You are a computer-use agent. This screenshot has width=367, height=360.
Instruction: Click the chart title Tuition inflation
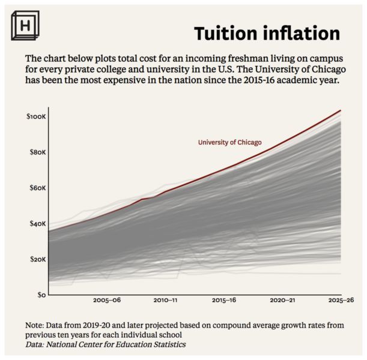pos(266,34)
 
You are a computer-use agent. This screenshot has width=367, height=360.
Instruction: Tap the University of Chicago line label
pos(229,142)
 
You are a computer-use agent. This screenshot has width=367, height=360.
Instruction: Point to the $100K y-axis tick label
pos(35,115)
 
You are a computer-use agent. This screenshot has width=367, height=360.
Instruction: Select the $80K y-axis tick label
pos(37,152)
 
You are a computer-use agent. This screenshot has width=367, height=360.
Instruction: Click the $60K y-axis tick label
pos(37,188)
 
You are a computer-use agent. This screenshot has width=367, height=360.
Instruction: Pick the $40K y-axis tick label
pos(37,224)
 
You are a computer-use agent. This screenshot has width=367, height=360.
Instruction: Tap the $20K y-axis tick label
pos(37,259)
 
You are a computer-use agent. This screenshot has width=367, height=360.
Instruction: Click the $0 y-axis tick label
pos(40,295)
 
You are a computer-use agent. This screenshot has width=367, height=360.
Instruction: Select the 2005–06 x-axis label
pos(107,299)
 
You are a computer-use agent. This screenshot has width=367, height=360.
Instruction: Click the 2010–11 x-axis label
pos(165,299)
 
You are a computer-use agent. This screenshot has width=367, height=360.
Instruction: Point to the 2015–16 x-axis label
pos(223,299)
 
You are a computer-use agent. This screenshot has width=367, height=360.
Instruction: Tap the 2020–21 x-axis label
pos(282,299)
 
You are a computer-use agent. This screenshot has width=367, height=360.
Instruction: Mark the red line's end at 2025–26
pos(341,111)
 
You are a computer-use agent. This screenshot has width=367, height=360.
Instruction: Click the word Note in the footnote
pos(35,325)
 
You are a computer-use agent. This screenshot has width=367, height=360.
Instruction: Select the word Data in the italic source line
pos(34,344)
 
